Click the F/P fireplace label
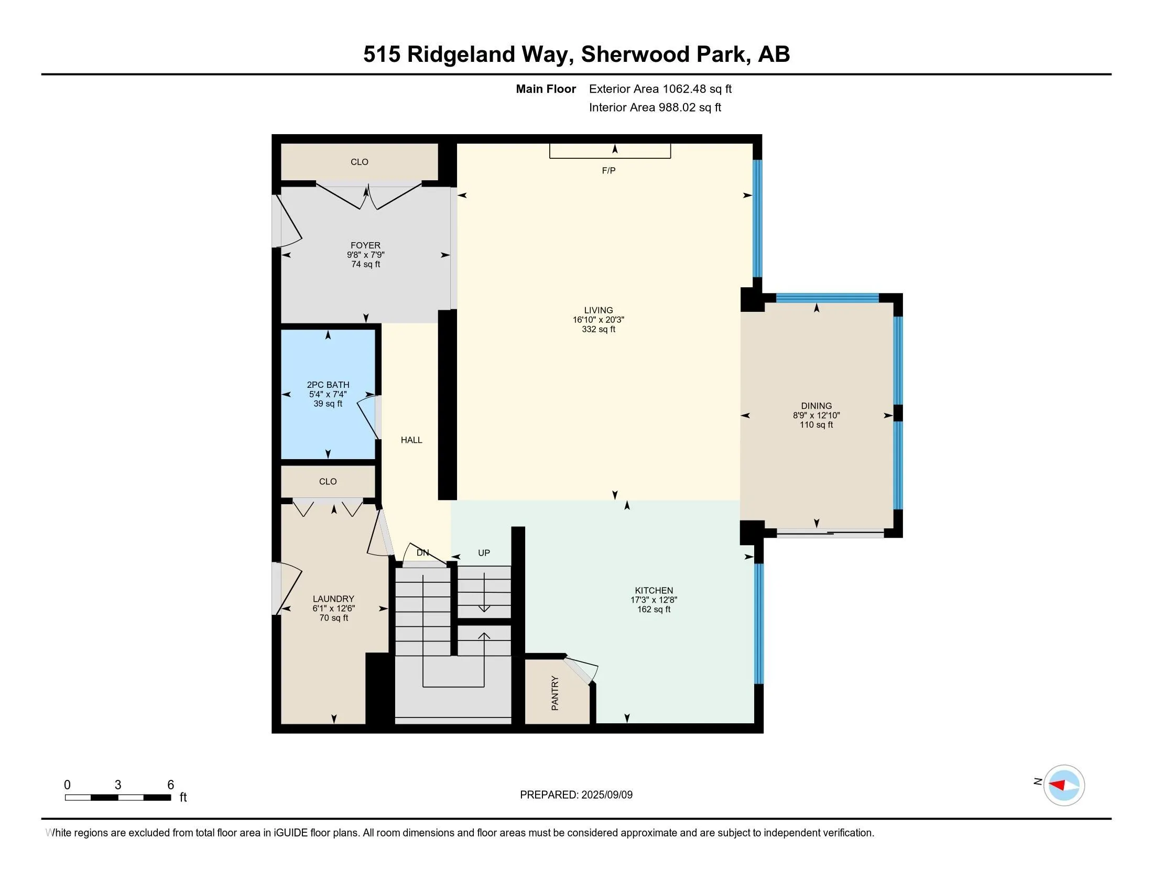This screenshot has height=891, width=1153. coord(608,170)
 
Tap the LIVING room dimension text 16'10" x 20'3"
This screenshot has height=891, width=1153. coord(598,320)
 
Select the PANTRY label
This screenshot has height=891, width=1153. coord(555,693)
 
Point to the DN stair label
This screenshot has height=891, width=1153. coord(422,552)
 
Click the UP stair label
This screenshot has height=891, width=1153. coord(484,552)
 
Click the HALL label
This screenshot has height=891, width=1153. coord(411,440)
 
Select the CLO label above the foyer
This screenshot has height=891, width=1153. coord(359,162)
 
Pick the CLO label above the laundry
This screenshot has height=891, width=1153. coord(328,481)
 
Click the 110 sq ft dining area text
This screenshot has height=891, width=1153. coord(815,425)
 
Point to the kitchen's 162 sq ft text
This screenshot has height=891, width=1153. coord(653,610)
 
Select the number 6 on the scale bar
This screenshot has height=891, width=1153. coord(170,785)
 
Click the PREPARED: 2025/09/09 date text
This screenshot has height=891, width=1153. coord(576,795)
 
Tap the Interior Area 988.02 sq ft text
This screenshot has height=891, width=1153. coord(655,107)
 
